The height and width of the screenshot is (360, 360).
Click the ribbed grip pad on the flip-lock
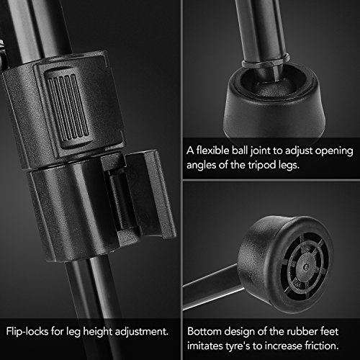pos(68,107)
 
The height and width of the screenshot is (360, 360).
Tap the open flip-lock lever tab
pos(150,194)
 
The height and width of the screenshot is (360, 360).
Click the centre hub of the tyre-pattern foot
pos(305,267)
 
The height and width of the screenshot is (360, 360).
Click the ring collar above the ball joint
pos(266,61)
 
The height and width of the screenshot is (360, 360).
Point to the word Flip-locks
pos(27,332)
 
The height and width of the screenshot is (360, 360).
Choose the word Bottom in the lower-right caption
pos(204,331)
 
